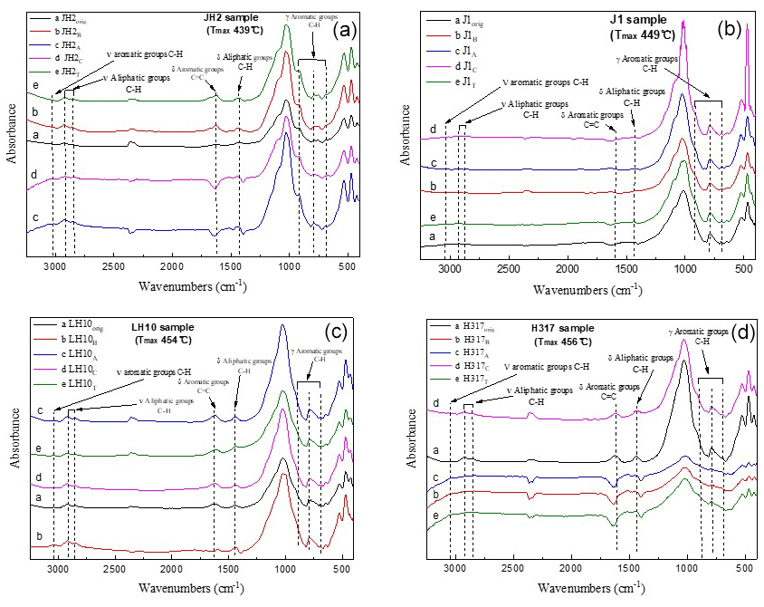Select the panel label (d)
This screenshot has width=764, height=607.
[731, 331]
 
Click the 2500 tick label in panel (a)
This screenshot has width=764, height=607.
[112, 268]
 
